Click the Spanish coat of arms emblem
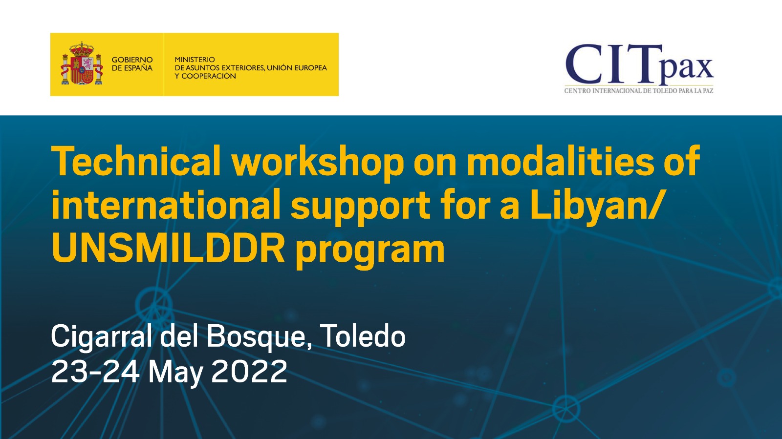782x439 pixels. pos(82,64)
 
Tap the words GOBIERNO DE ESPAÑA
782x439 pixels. pos(132,64)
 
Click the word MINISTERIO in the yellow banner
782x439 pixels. pos(195,59)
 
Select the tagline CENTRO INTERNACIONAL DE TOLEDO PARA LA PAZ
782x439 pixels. pos(639,91)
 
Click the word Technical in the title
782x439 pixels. pos(136,161)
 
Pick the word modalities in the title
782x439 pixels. pos(561,161)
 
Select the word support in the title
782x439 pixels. pos(361,208)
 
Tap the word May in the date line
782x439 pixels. pos(176,374)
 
